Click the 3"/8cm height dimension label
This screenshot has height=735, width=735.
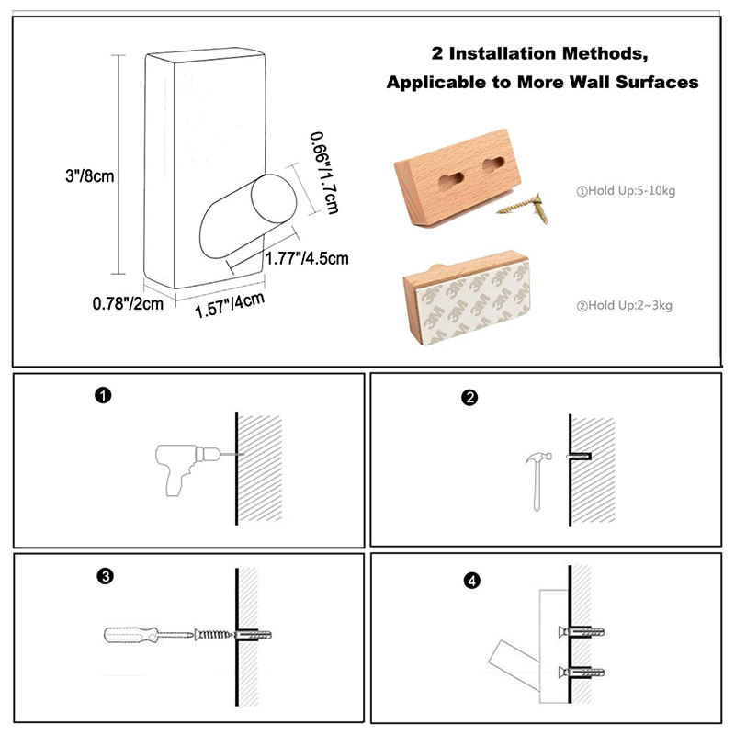(x=89, y=176)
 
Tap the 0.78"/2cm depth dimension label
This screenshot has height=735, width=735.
(x=128, y=304)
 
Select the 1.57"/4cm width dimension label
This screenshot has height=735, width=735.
(x=230, y=305)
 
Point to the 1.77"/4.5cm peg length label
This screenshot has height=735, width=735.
(x=307, y=258)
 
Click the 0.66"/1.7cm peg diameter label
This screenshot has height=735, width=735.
(x=324, y=173)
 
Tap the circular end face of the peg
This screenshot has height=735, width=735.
(x=274, y=198)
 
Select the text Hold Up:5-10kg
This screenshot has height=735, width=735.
(x=626, y=191)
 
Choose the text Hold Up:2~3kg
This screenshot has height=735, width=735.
(x=625, y=306)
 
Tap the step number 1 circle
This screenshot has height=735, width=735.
(x=103, y=396)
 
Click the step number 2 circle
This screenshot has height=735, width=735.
(x=469, y=398)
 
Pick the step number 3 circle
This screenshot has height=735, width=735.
(x=106, y=576)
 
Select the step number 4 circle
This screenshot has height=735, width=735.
(x=472, y=582)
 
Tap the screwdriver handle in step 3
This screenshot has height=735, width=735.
(x=130, y=635)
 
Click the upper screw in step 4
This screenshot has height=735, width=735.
(x=582, y=632)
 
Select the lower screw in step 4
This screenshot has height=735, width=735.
(x=582, y=673)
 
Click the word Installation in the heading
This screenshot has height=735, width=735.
(x=503, y=54)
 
